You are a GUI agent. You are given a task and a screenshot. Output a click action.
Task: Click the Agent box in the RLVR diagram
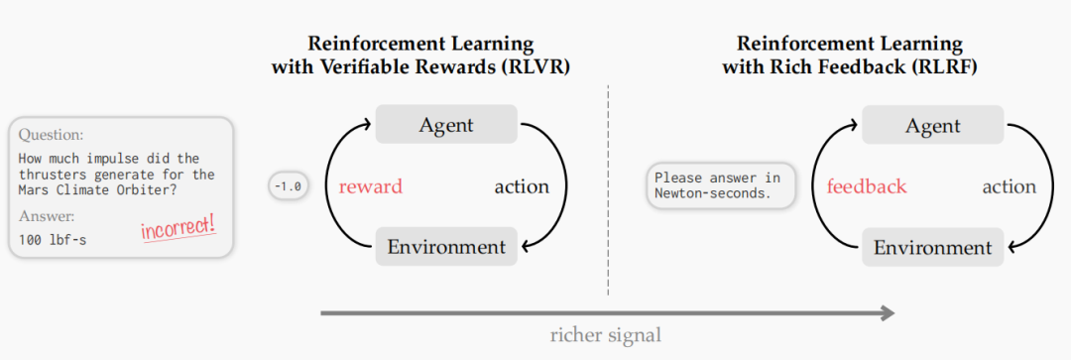click(446, 125)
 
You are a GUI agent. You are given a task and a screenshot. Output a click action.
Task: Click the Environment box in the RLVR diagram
click(446, 247)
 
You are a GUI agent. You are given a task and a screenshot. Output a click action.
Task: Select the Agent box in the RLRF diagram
click(932, 125)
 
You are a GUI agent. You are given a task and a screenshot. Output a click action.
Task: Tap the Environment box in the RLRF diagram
click(932, 247)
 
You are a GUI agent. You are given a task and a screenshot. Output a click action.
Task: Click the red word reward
click(370, 186)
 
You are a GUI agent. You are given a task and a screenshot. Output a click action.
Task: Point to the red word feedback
click(867, 186)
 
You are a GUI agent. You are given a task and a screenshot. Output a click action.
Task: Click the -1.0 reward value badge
click(286, 186)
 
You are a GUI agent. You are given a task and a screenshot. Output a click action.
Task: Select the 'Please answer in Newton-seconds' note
click(722, 185)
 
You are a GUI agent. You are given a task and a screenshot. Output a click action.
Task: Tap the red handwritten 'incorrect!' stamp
click(178, 228)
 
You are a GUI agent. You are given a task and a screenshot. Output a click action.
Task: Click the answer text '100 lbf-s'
click(53, 240)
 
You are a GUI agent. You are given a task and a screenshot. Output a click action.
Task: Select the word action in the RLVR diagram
click(522, 186)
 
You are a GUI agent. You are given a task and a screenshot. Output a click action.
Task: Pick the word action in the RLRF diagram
click(1009, 186)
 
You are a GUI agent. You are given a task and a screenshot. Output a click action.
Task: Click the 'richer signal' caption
click(606, 334)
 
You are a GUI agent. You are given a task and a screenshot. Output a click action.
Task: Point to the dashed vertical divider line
click(608, 188)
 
